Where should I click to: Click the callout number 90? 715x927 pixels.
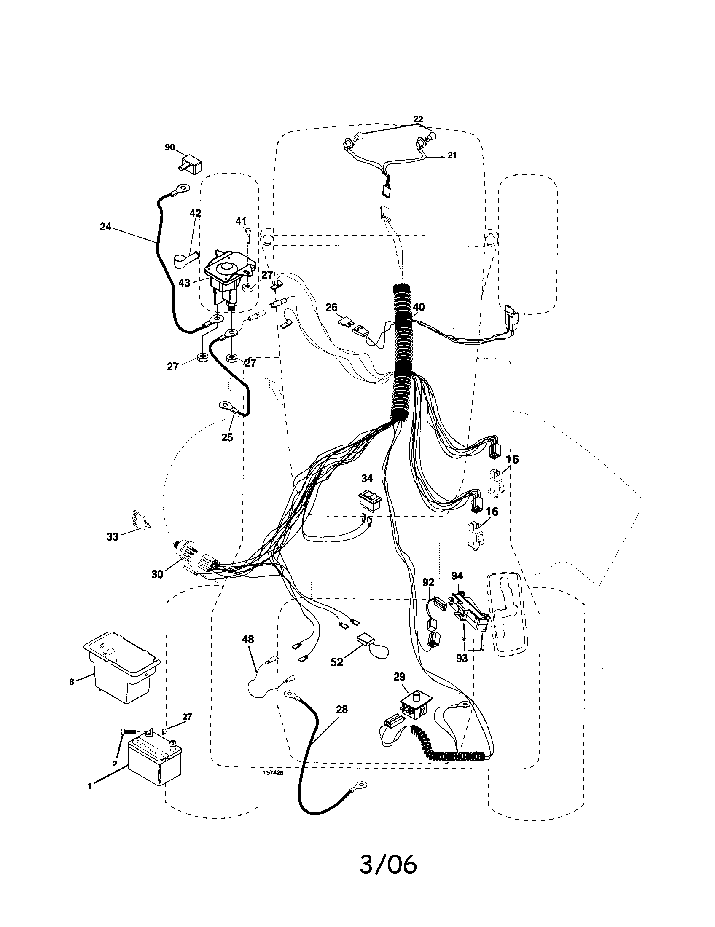tap(169, 147)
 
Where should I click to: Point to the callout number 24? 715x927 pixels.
tap(105, 227)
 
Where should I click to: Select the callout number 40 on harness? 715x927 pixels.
tap(418, 307)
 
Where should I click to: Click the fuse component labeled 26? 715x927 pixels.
tap(346, 322)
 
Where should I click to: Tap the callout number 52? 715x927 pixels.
tap(336, 662)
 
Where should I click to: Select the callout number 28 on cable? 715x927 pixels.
tap(341, 709)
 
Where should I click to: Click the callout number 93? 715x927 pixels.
tap(461, 658)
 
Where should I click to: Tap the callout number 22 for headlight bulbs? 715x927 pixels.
tap(418, 119)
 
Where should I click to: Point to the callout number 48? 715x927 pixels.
tap(247, 639)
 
